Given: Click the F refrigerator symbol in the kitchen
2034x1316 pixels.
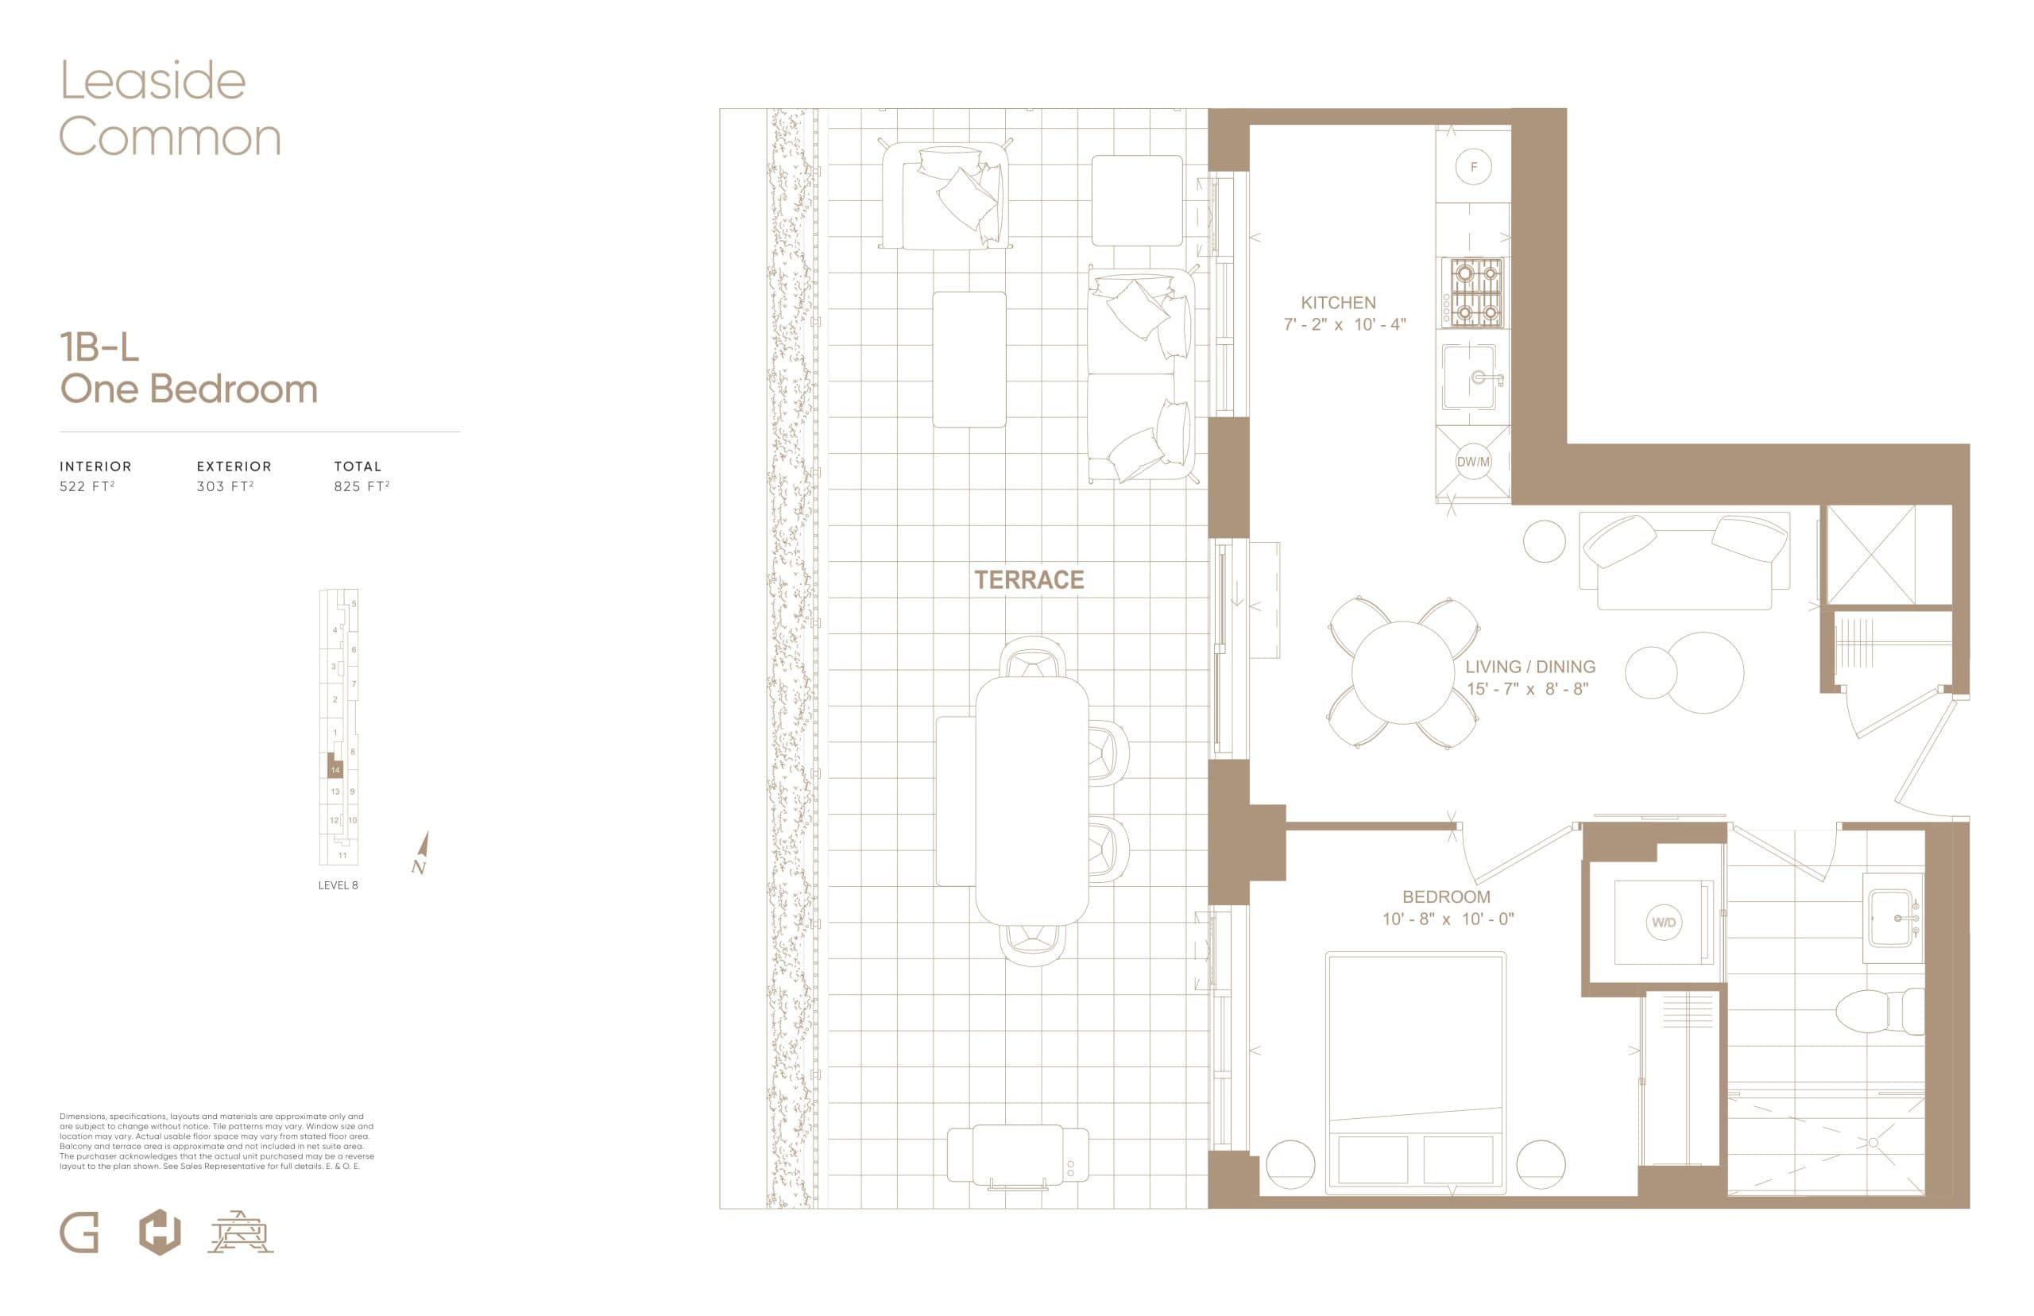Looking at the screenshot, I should [1473, 168].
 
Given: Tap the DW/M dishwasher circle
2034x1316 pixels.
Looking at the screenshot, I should [1473, 463].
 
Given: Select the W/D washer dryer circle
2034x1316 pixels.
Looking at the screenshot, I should [1663, 922].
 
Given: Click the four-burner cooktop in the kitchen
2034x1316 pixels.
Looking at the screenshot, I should [1473, 293].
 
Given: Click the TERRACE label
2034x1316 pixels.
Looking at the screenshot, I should [1029, 580].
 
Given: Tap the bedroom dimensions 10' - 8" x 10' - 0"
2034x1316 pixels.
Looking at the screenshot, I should [1448, 919].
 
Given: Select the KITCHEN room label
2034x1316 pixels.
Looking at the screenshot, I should [1338, 303].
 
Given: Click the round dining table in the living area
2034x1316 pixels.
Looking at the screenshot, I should [1402, 672].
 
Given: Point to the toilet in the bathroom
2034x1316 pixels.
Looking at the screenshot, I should [1880, 1012].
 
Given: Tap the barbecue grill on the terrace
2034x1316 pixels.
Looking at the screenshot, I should [1018, 1154].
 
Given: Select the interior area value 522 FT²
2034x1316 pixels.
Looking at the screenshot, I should [87, 486].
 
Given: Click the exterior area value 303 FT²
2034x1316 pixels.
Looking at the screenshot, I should [225, 486].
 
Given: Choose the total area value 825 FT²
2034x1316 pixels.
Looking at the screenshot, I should [362, 486].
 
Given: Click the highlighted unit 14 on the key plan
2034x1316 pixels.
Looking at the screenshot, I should [334, 768].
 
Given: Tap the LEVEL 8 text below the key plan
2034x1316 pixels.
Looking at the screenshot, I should [338, 885].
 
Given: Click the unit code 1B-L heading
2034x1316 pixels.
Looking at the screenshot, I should [99, 348].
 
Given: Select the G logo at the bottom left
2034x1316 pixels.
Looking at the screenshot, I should [79, 1234].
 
